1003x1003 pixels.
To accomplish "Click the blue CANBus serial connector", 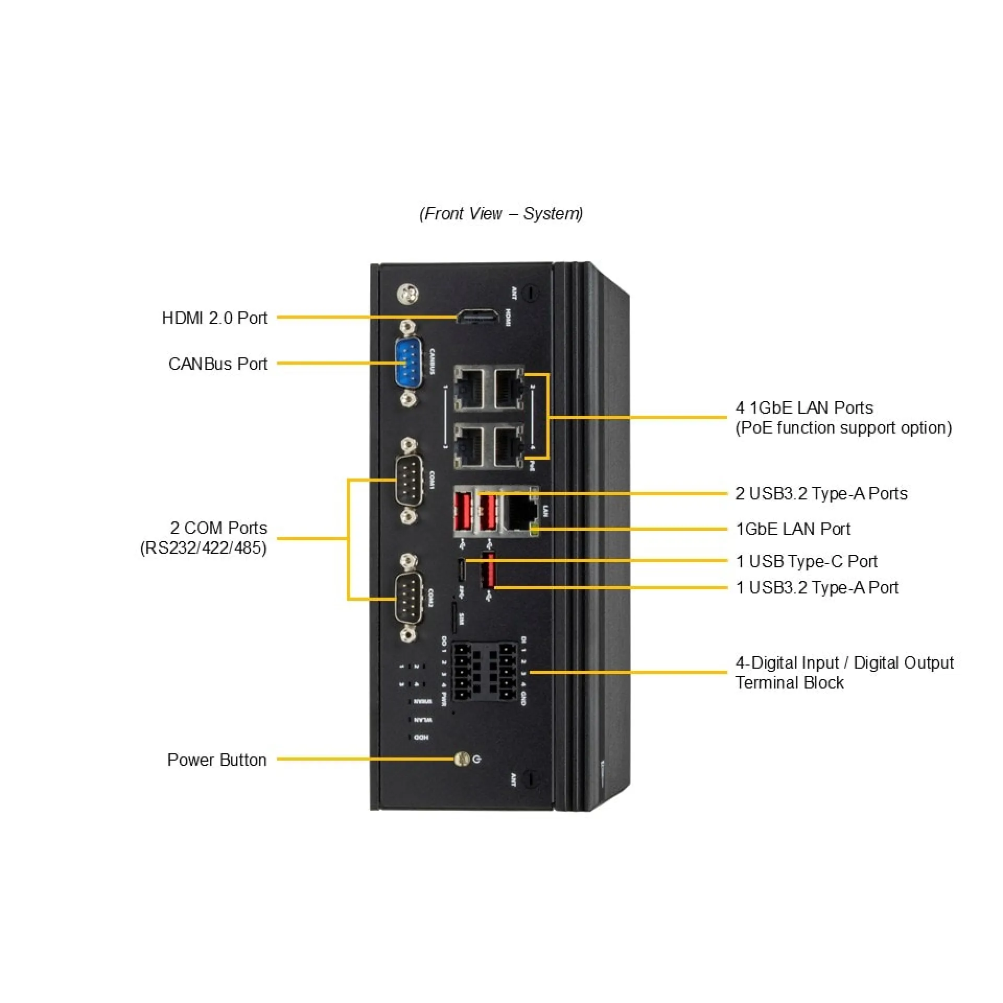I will (x=409, y=363).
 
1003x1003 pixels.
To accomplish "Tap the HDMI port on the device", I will (x=477, y=316).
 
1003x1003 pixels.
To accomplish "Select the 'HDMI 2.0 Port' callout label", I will (x=214, y=318).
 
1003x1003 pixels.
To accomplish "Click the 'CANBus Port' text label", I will (x=217, y=364).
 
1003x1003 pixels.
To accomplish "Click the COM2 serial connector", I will (x=409, y=598).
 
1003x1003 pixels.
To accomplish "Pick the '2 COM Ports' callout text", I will (x=218, y=528).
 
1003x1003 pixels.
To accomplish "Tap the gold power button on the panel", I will (x=461, y=759).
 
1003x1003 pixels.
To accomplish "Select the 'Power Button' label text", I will (x=216, y=760).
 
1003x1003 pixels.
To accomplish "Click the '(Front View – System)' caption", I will (x=501, y=213).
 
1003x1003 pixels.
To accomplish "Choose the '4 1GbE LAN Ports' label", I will (x=804, y=407).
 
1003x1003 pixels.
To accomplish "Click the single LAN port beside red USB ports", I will (x=520, y=511).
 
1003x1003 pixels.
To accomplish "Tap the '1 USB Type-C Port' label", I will (x=806, y=561).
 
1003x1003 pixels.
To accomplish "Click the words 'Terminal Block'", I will (x=789, y=682).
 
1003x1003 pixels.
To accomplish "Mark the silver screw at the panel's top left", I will (x=409, y=294).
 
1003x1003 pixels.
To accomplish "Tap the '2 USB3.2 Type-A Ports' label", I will (x=821, y=493).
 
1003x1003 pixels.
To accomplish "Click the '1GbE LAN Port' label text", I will (x=792, y=529).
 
